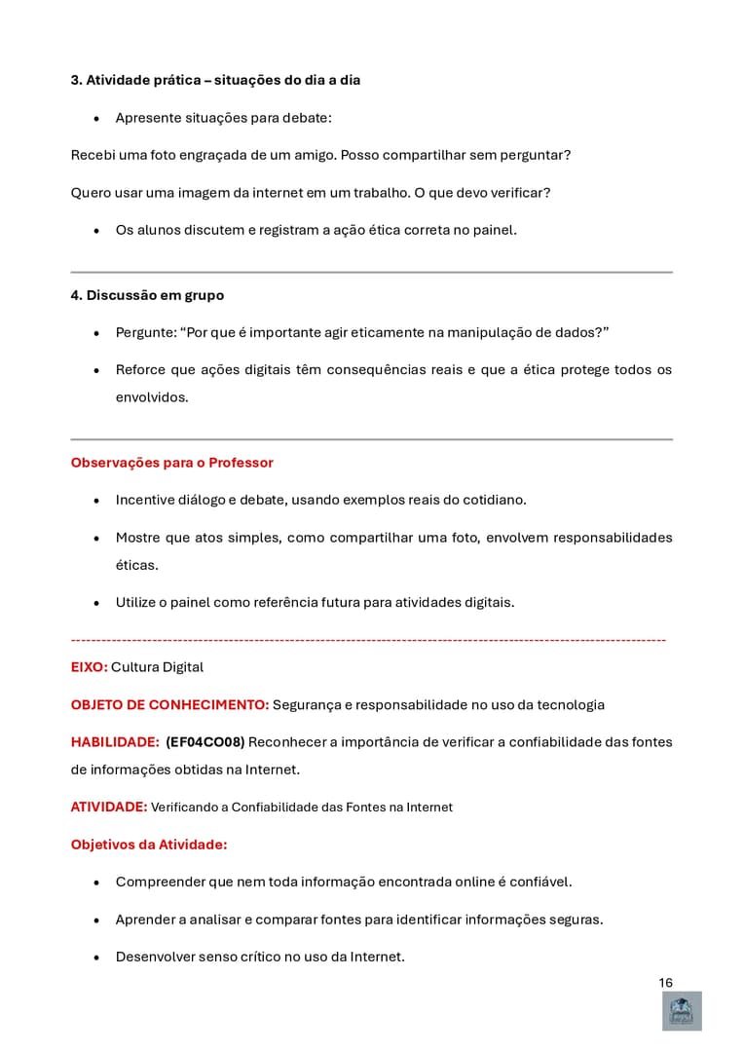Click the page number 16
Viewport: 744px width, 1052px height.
[x=665, y=983]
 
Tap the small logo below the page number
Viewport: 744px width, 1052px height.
[x=682, y=1011]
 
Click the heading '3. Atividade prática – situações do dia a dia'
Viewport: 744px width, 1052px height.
[x=215, y=80]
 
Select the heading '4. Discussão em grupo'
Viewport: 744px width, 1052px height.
[x=147, y=295]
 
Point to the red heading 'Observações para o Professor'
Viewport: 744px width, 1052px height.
[x=171, y=463]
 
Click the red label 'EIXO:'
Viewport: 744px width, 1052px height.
[x=89, y=667]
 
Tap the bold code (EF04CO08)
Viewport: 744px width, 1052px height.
[x=205, y=742]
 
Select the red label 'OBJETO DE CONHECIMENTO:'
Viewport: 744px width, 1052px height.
[x=169, y=704]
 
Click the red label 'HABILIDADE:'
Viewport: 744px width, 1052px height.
[x=115, y=742]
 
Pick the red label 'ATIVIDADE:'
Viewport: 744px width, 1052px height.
[x=109, y=807]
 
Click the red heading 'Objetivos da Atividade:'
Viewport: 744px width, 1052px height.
[x=149, y=845]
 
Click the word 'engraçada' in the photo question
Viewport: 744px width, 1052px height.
[x=233, y=155]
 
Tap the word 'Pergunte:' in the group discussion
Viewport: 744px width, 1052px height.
[x=145, y=332]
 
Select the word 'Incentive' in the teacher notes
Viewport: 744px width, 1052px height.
[x=146, y=500]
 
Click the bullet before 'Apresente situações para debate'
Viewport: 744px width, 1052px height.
[x=96, y=119]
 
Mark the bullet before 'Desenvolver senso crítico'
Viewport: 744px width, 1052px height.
[x=96, y=958]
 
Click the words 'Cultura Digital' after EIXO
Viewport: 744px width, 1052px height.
[x=157, y=667]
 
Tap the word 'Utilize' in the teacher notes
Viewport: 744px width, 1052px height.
[x=138, y=602]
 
